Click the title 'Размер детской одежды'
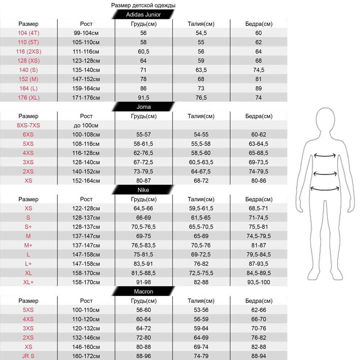pos(143,5)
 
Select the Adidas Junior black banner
pos(143,15)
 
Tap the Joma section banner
pos(143,107)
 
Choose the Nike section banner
pos(143,190)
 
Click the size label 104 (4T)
pos(28,33)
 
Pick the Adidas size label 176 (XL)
pos(28,98)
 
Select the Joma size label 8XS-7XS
pos(28,125)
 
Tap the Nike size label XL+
pos(28,282)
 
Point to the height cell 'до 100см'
pos(86,125)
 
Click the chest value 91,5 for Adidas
pos(143,98)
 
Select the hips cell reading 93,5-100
pos(258,282)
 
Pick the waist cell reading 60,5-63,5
pos(201,162)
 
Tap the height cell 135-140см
pos(86,70)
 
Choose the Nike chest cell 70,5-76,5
pos(143,227)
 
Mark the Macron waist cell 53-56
pos(201,310)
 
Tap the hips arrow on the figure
pos(325,188)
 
